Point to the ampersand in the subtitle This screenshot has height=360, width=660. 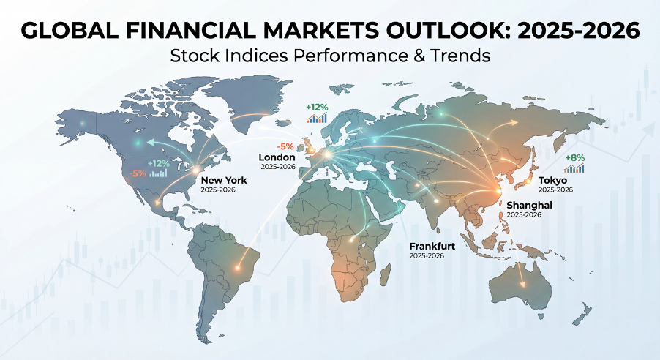click(419, 56)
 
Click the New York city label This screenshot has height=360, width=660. click(224, 180)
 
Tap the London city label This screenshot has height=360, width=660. click(277, 157)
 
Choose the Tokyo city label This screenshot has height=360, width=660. click(552, 181)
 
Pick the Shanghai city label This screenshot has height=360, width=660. click(529, 205)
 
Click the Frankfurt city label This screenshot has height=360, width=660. click(432, 246)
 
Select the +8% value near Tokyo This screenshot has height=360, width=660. click(574, 158)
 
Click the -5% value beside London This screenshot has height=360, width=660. click(285, 146)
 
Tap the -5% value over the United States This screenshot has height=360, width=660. click(138, 173)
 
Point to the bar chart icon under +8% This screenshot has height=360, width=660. click(574, 168)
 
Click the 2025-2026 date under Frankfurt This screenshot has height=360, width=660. click(427, 255)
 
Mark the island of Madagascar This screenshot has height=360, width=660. click(386, 274)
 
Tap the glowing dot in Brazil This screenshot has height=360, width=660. click(237, 267)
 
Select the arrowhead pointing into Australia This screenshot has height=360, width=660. click(522, 284)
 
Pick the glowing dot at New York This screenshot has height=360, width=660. click(195, 170)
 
